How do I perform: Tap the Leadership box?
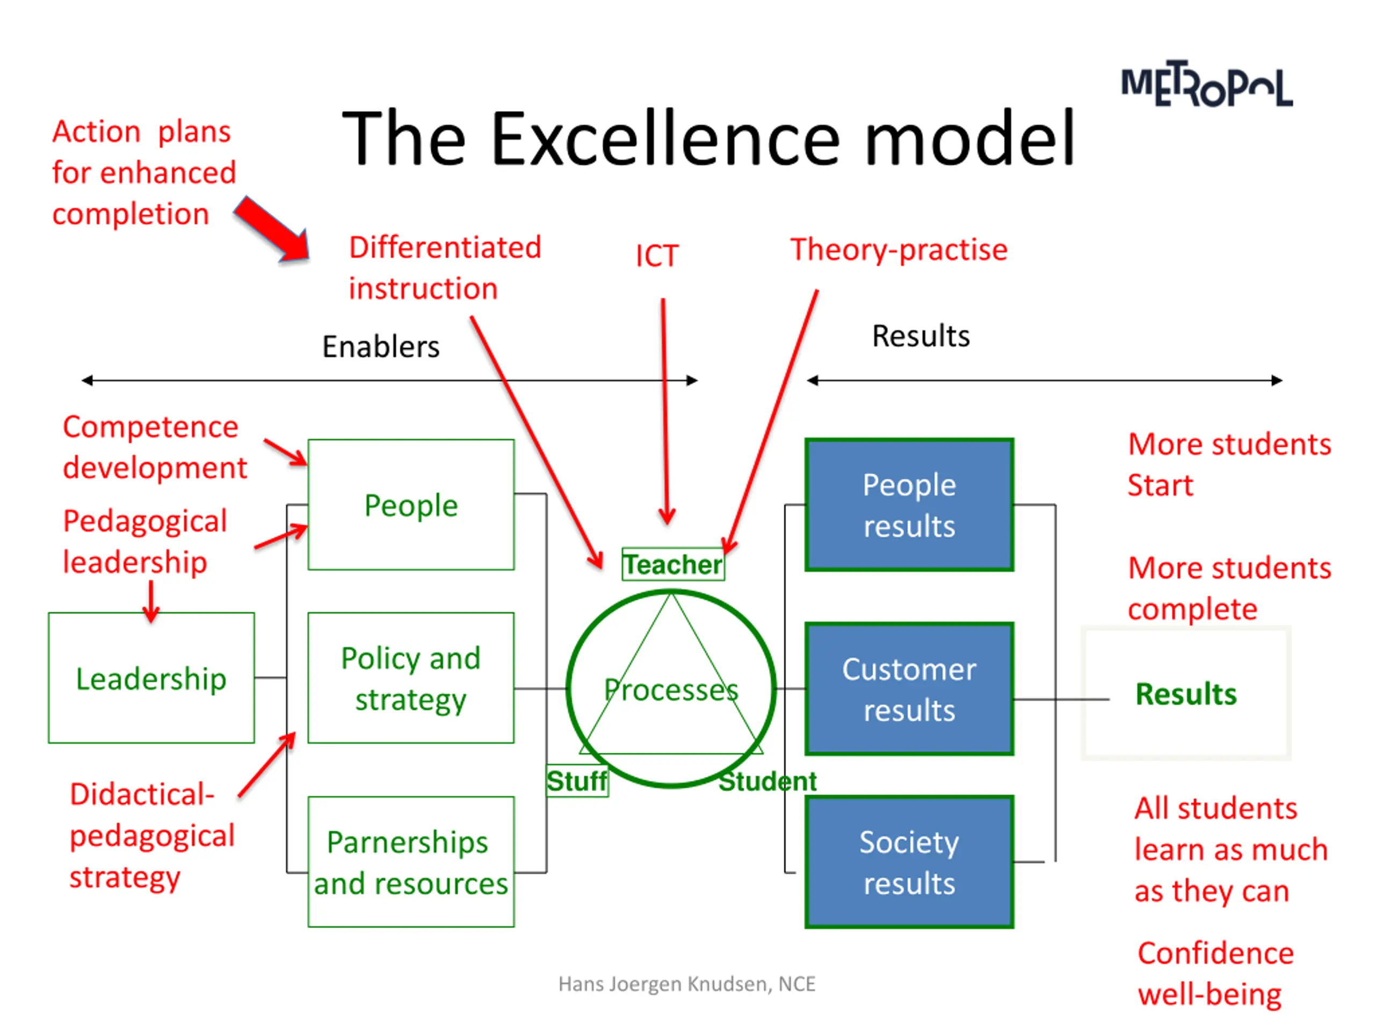point(151,678)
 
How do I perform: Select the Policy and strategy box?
point(411,678)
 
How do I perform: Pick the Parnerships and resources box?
point(411,862)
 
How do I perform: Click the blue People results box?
point(909,505)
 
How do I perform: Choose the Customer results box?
point(909,688)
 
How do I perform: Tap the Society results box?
point(909,862)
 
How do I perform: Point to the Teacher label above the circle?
point(672,564)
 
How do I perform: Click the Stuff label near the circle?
point(577,781)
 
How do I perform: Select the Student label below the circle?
point(767,781)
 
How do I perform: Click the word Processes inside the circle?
point(671,690)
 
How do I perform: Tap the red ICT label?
point(656,256)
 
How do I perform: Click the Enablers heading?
point(380,347)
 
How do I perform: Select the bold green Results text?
point(1185,694)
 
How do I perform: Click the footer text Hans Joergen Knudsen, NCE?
point(686,984)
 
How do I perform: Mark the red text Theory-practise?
point(898,250)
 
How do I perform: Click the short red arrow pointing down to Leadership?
point(151,601)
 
